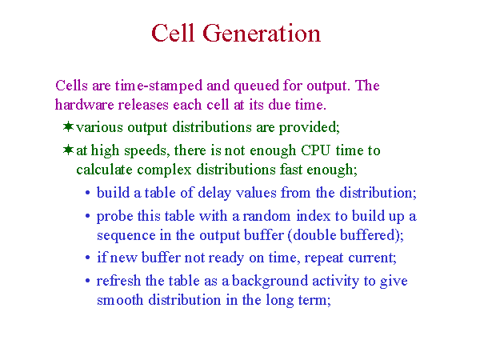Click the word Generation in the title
(262, 33)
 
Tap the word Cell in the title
(173, 33)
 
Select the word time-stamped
(159, 86)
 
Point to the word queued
(256, 86)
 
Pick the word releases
(143, 104)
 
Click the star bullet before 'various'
(68, 126)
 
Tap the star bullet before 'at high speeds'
(68, 150)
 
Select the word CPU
(316, 150)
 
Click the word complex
(164, 170)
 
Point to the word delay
(214, 194)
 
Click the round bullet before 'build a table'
(88, 193)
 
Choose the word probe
(114, 217)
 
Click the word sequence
(126, 236)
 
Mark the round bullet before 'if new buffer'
(88, 258)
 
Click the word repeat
(324, 258)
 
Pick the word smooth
(120, 300)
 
